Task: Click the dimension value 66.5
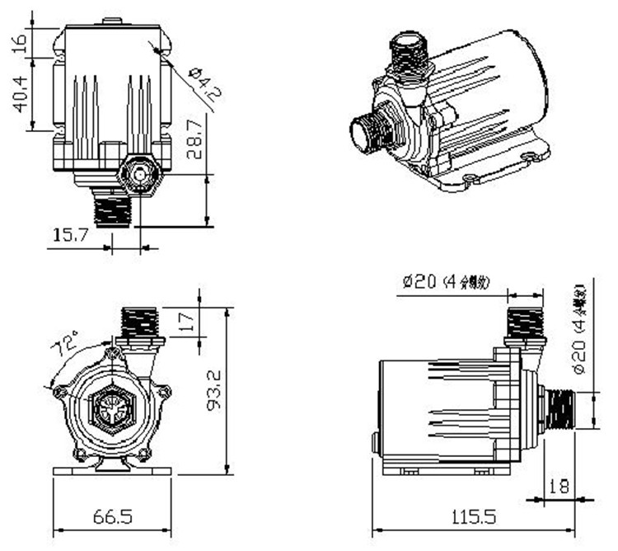pos(112,517)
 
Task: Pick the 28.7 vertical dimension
pos(192,139)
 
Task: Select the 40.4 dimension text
pos(20,91)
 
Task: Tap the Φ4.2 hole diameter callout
pos(204,82)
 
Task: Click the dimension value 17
pos(187,319)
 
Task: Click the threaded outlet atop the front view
pos(140,323)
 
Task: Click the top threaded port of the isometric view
pos(410,57)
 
